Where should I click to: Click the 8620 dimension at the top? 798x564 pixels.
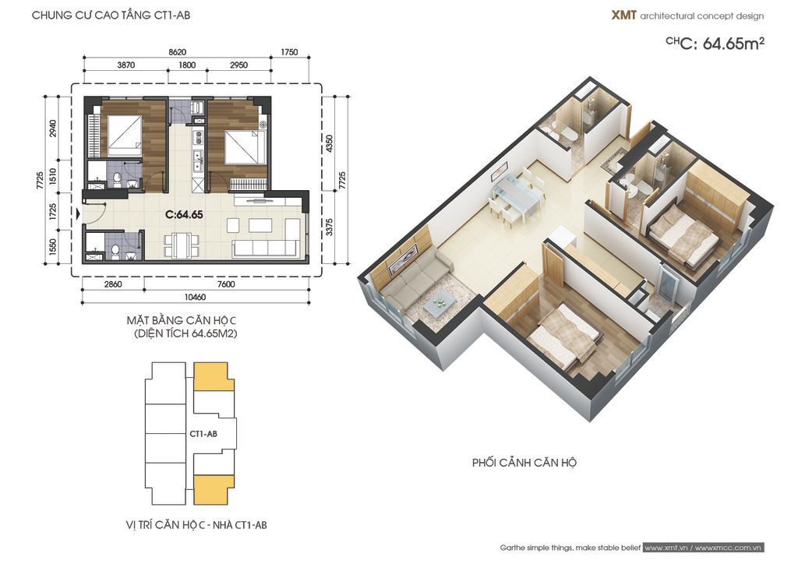177,52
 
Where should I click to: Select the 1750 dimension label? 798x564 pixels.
289,52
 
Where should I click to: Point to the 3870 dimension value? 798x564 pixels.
125,65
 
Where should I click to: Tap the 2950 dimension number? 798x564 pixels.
238,65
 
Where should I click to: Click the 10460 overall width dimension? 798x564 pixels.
196,297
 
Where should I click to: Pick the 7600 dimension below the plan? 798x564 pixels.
226,284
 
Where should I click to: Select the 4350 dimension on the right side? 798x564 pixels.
330,143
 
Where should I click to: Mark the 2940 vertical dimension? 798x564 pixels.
52,129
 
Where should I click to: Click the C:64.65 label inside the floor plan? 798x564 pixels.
184,214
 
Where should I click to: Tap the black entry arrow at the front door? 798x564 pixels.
77,214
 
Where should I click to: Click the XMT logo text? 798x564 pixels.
623,16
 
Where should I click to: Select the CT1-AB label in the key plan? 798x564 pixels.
203,434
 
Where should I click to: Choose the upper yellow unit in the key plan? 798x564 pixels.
214,377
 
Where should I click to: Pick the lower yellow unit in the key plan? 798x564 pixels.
214,490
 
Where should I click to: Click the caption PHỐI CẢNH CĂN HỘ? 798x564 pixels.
524,463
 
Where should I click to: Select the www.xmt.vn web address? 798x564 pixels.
667,548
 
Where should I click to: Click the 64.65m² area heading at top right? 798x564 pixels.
733,44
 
